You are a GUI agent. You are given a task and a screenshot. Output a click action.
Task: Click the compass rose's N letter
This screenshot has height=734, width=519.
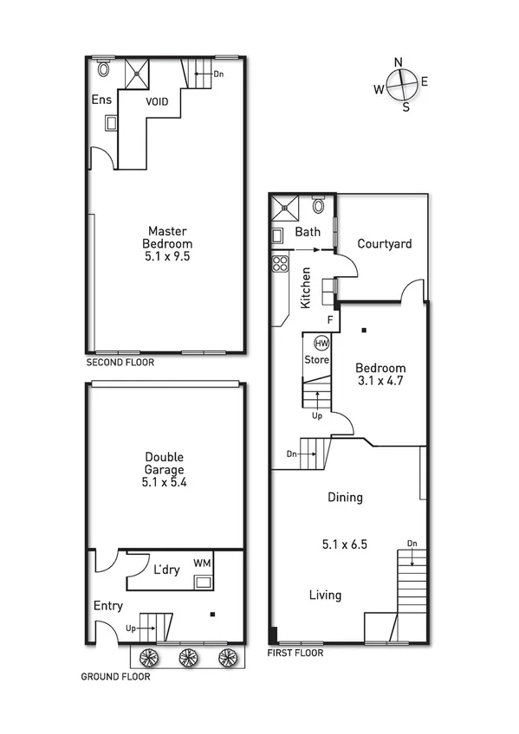tap(399, 61)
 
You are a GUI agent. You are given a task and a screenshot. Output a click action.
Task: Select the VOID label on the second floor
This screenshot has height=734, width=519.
tap(157, 101)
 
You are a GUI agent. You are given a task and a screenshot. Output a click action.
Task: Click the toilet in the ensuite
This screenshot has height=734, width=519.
tap(105, 68)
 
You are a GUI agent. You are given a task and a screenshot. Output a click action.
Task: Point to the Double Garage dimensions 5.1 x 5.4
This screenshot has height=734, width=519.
tap(165, 483)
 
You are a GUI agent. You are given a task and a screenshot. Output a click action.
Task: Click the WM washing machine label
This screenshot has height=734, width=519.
tap(202, 563)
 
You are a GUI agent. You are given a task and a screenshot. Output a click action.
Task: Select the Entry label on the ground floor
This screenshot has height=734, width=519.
tap(107, 606)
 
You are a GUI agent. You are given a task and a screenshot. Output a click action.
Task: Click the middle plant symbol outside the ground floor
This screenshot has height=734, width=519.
tap(187, 657)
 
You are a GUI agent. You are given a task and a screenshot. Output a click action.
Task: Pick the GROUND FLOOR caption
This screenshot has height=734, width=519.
tap(115, 677)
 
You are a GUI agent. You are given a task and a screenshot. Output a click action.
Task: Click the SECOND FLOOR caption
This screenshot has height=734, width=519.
tap(120, 363)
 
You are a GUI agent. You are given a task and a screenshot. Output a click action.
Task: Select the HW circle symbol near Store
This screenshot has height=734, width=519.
tap(321, 343)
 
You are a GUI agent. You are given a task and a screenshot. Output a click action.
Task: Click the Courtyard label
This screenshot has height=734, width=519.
tap(385, 244)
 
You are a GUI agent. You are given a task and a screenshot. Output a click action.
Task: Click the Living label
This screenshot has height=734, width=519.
tap(325, 595)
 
